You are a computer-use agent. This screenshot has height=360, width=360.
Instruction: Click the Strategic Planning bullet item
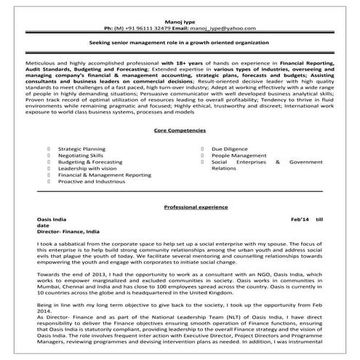(81, 148)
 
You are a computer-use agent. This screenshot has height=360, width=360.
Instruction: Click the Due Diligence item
(229, 148)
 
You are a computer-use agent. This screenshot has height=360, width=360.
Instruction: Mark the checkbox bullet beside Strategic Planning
(47, 148)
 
